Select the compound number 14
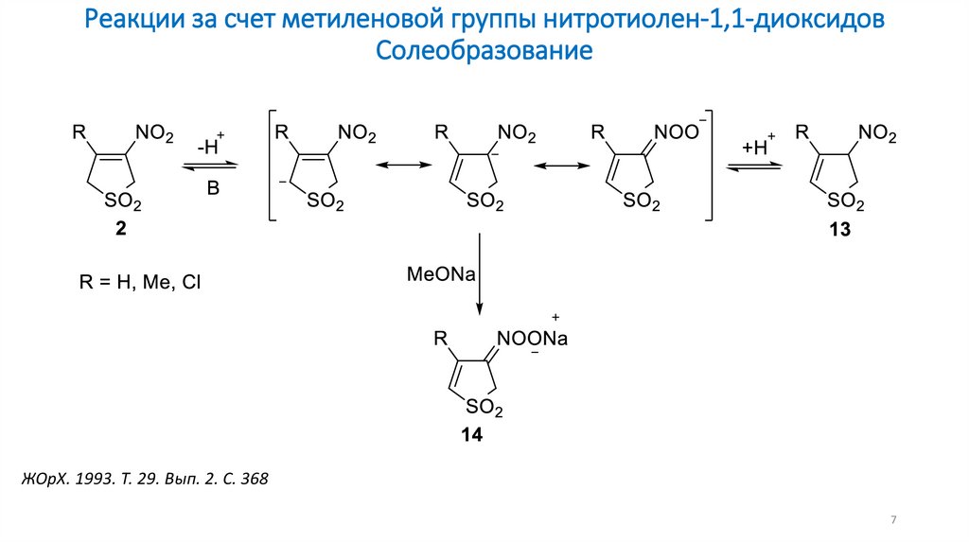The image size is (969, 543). tap(471, 435)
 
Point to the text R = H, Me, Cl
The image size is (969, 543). tap(139, 282)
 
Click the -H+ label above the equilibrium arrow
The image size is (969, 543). tap(211, 147)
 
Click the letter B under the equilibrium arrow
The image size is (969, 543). tap(213, 189)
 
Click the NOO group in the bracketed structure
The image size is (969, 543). tap(677, 133)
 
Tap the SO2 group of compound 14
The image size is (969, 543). tap(483, 408)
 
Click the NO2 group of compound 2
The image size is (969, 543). tap(155, 135)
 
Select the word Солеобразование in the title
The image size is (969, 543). tap(484, 49)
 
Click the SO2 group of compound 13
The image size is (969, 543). tap(844, 202)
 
